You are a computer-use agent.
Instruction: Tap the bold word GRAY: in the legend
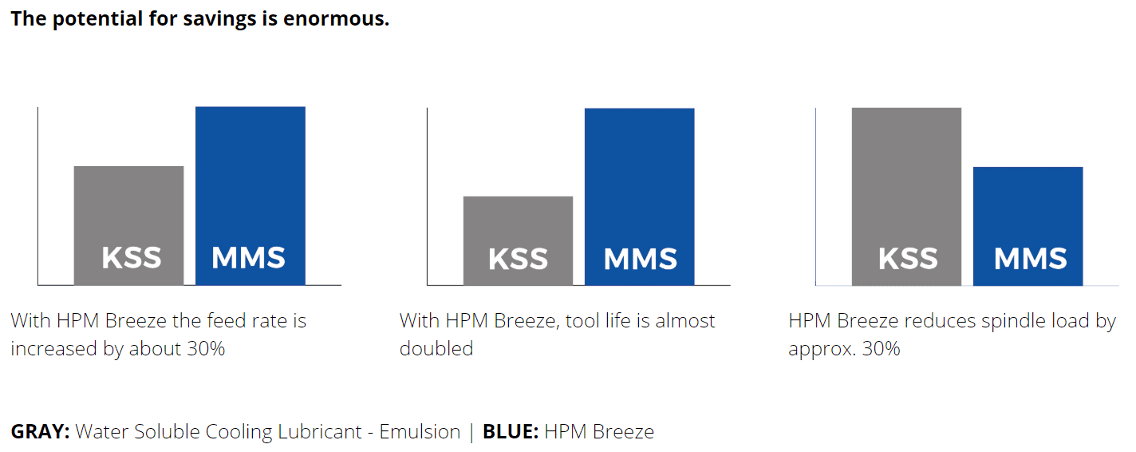[40, 432]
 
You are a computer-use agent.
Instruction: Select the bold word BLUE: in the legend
[511, 432]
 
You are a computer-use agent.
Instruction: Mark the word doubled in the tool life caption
[436, 349]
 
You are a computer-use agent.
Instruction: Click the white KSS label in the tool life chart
[518, 259]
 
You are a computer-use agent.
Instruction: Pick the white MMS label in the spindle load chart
[1030, 259]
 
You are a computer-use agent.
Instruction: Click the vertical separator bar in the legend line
[471, 432]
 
